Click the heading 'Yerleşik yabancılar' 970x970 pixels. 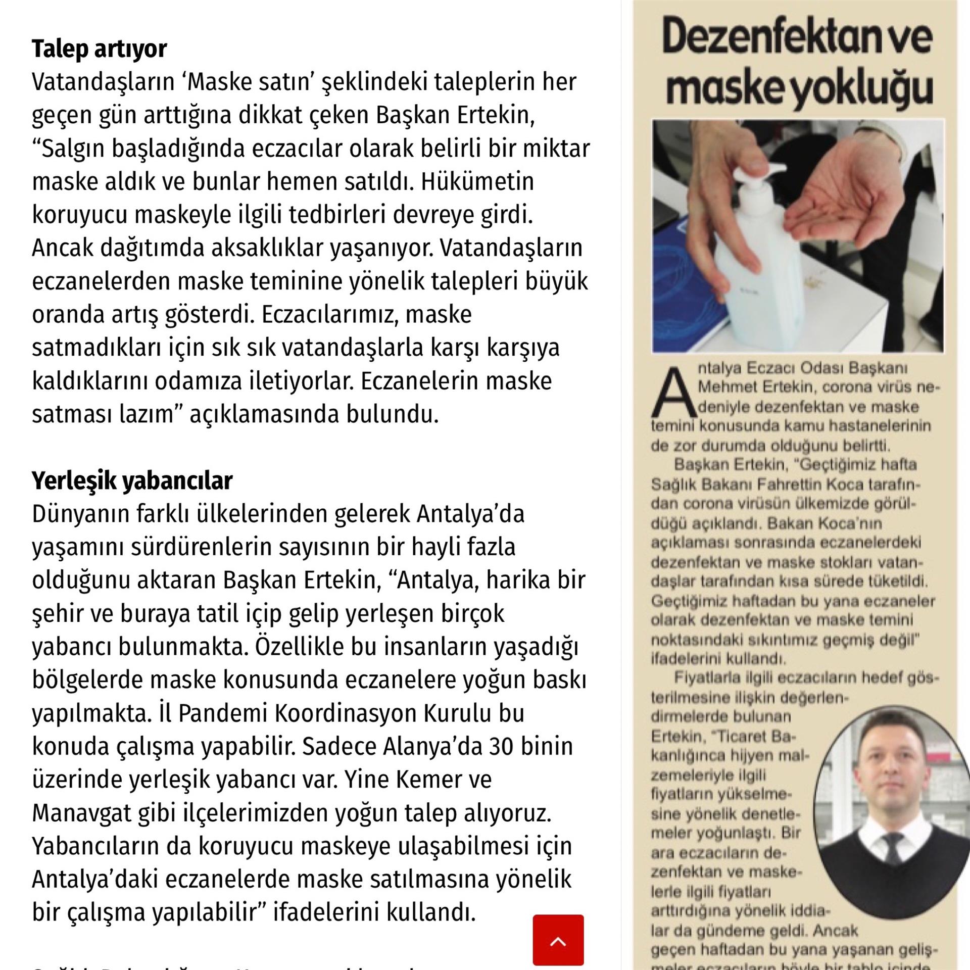132,480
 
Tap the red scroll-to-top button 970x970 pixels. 558,940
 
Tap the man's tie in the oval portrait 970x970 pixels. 891,849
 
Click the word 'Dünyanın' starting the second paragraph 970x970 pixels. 81,514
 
